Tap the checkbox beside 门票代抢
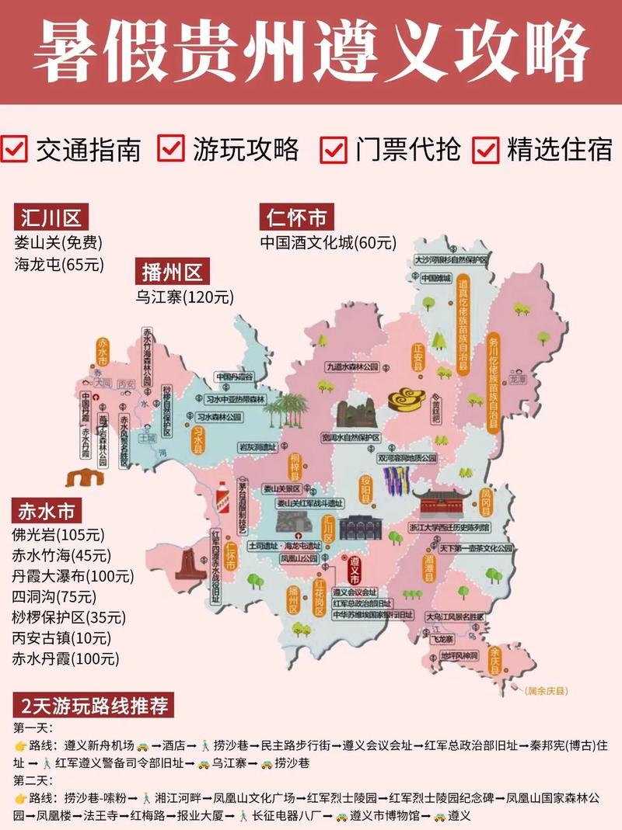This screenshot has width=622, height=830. click(334, 148)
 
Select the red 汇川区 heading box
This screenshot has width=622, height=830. click(51, 217)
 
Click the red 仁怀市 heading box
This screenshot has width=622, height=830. click(297, 217)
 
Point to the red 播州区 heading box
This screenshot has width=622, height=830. click(172, 272)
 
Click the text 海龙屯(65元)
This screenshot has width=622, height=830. click(58, 264)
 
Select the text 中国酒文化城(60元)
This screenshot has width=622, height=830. click(328, 242)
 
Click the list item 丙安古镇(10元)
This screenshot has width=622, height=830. click(62, 638)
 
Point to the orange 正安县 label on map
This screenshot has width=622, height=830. click(418, 356)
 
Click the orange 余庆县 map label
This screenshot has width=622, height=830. click(495, 660)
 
